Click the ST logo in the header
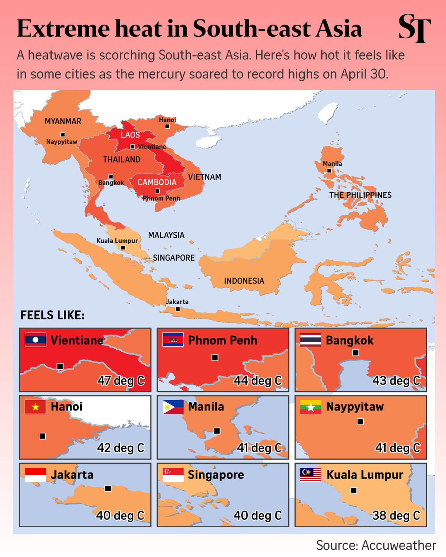(x=414, y=28)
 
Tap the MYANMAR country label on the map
(x=63, y=121)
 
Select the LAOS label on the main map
(x=130, y=135)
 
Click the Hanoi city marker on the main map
(x=167, y=126)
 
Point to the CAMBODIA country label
(x=157, y=182)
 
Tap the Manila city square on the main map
(x=329, y=171)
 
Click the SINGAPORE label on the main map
(x=174, y=258)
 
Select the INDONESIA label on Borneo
(x=244, y=281)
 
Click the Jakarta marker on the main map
(x=178, y=309)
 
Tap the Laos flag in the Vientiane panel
(x=35, y=340)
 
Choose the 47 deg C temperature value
(x=121, y=380)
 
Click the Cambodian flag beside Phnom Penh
(x=173, y=340)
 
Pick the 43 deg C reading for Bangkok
(x=396, y=380)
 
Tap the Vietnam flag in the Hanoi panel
(x=35, y=407)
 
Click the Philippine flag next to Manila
(x=173, y=407)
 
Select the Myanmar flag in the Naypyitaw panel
(x=311, y=407)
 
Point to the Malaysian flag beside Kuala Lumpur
(x=311, y=475)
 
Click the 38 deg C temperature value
(x=396, y=515)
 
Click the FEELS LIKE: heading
(x=52, y=315)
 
